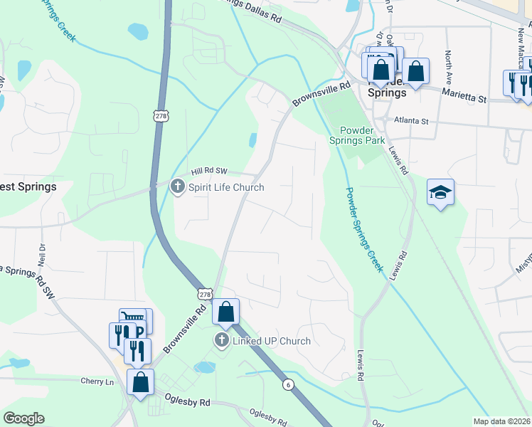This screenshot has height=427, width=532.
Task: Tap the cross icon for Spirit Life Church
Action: [177, 187]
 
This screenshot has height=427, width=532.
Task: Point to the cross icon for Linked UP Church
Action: [221, 341]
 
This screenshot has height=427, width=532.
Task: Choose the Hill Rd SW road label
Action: [209, 172]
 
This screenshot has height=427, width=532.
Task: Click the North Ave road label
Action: [448, 64]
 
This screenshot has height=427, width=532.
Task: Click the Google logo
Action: [23, 418]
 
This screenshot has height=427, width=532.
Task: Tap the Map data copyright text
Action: [501, 421]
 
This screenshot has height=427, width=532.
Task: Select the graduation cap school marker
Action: [441, 191]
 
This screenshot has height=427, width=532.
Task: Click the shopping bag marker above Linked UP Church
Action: [225, 311]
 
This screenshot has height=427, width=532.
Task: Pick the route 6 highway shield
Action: [287, 384]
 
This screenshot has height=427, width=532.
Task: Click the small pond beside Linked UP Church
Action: [204, 367]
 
